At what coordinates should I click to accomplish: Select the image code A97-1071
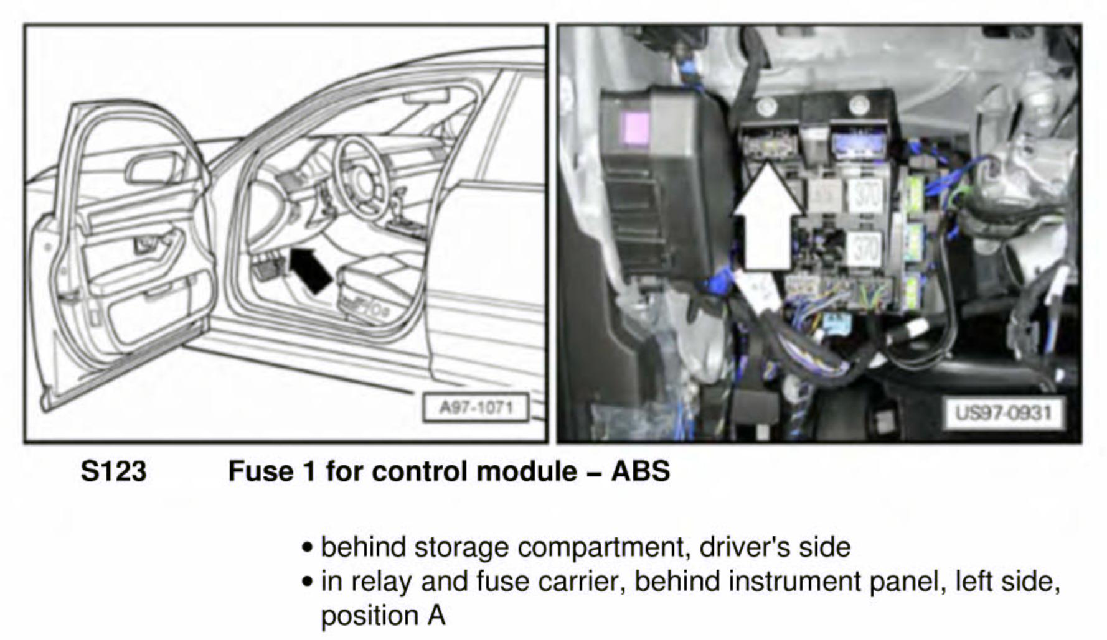tap(476, 408)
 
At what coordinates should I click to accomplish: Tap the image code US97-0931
tap(1002, 412)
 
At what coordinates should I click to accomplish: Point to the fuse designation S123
tap(113, 471)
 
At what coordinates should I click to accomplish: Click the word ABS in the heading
tap(640, 471)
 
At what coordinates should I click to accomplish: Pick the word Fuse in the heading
tap(259, 471)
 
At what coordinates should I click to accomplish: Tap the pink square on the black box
tap(636, 128)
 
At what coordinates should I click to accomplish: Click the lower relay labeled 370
tap(865, 248)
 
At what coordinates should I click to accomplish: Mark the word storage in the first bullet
tap(461, 548)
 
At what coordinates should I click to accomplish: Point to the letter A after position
tap(436, 616)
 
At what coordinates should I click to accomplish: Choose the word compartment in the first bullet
tap(601, 548)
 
